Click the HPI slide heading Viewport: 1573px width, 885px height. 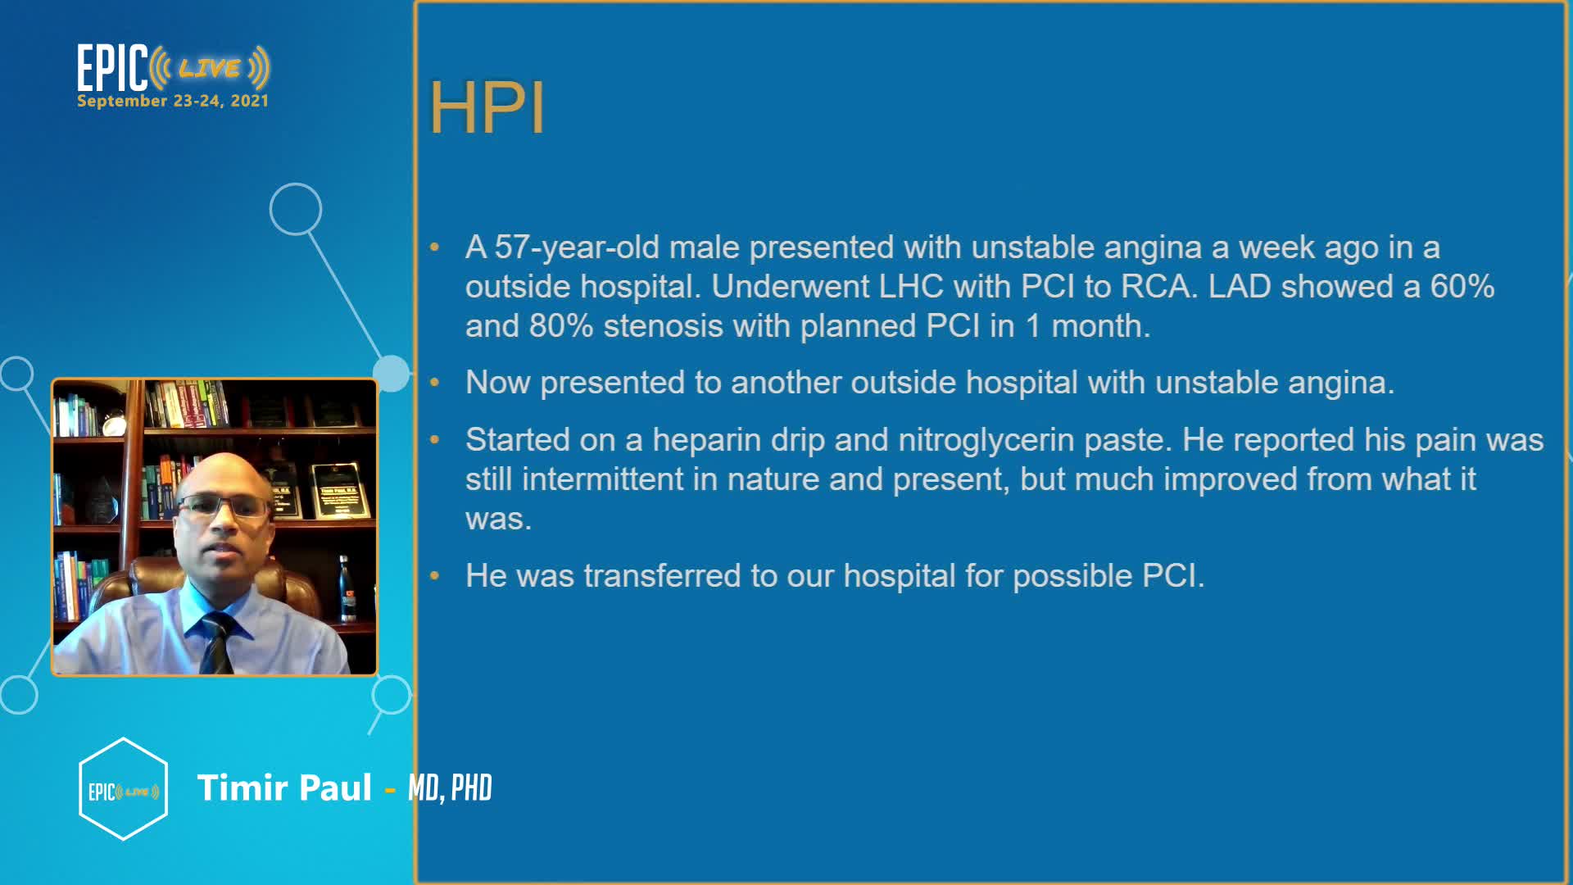[x=487, y=107]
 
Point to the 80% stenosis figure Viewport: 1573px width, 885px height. [x=561, y=326]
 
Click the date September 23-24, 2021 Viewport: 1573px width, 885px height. [x=173, y=101]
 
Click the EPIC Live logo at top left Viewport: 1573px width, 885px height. [x=173, y=68]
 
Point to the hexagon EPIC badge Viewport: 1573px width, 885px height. [x=124, y=789]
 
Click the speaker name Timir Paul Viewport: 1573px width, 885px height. [x=284, y=787]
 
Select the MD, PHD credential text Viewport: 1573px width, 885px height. [x=450, y=788]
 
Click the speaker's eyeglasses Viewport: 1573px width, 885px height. [x=223, y=506]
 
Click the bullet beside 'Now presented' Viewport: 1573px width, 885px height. [x=434, y=383]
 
